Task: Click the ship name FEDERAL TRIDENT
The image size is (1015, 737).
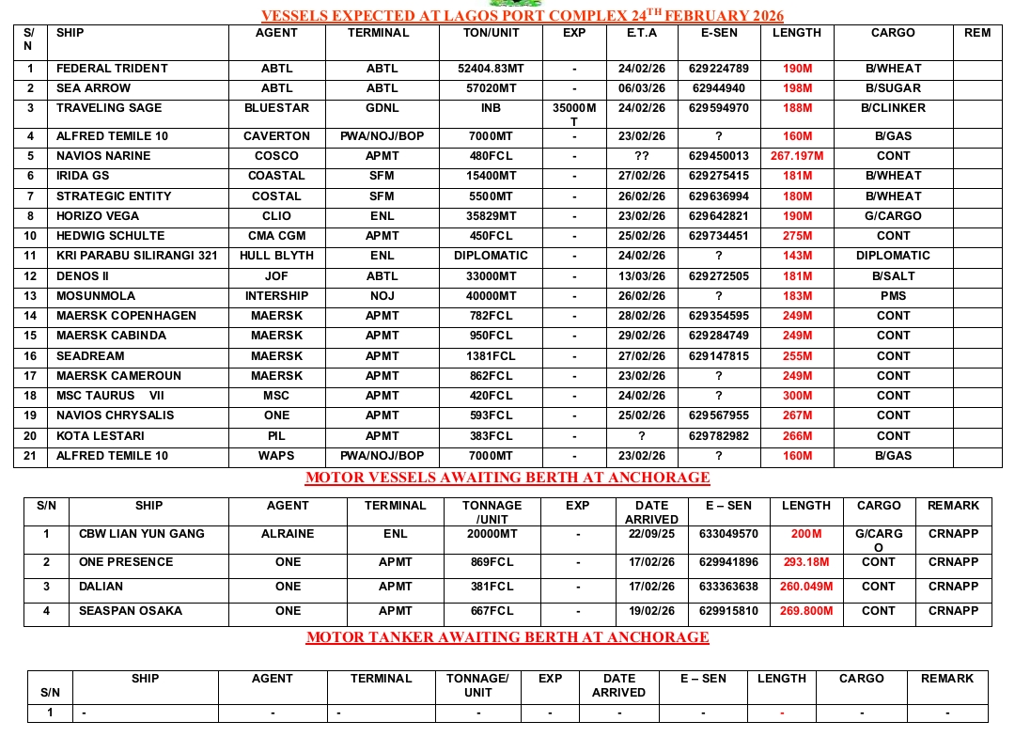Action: [x=112, y=69]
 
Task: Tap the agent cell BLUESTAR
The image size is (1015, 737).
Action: [x=276, y=108]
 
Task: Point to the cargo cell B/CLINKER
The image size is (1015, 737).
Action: [x=893, y=108]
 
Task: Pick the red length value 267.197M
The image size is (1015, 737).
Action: [x=796, y=156]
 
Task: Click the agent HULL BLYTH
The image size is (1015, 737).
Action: [x=276, y=256]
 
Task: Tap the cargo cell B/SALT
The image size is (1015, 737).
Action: [x=893, y=276]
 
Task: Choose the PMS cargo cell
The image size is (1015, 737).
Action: [x=893, y=296]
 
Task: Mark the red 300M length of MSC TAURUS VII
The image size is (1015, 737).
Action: [x=796, y=396]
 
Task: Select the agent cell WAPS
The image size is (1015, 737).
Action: [x=276, y=456]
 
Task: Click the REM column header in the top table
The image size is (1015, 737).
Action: [x=977, y=33]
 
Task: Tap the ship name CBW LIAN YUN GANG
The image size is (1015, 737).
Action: [x=142, y=534]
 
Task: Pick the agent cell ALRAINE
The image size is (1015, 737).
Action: [x=288, y=534]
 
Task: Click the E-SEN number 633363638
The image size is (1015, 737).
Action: [x=727, y=587]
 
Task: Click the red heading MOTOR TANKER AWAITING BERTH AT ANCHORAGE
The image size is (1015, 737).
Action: [x=507, y=637]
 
